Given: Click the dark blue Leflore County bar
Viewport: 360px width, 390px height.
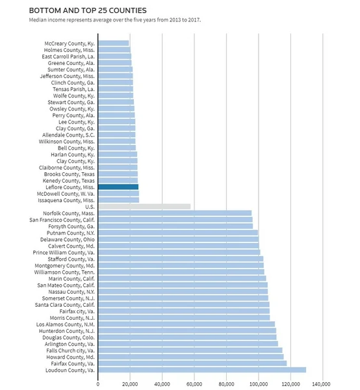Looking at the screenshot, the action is (x=118, y=187).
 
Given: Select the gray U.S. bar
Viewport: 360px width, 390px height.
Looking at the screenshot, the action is (x=144, y=207).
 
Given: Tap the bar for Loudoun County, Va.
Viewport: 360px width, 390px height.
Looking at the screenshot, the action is (x=202, y=370).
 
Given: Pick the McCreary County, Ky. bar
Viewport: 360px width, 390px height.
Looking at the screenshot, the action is (x=114, y=44).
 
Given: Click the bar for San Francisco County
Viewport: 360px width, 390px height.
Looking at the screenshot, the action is (x=175, y=220).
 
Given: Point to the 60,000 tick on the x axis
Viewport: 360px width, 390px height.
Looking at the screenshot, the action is (x=194, y=384).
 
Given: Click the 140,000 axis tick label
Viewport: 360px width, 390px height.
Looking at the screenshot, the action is (x=323, y=384).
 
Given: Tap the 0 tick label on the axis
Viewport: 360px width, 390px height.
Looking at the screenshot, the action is (x=98, y=384).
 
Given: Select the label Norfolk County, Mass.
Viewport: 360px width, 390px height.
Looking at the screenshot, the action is (x=69, y=213).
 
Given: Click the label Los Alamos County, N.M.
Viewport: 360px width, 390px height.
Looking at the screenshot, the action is (x=66, y=324).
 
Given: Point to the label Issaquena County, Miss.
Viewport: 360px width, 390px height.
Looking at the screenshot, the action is (x=66, y=200).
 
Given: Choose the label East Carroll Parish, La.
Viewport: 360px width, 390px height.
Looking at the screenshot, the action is (x=68, y=57).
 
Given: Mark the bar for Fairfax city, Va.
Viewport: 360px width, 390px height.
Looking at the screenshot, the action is (x=184, y=311).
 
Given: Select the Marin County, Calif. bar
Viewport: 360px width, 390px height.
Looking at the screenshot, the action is (x=182, y=279).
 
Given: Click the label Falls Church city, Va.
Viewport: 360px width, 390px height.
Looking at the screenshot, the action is (x=70, y=350).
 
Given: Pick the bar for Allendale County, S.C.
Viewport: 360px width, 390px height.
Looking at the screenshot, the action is (x=117, y=135).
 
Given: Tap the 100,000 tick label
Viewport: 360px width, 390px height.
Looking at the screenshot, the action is (x=259, y=384).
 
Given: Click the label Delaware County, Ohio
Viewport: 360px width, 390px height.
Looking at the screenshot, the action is (x=68, y=239).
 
